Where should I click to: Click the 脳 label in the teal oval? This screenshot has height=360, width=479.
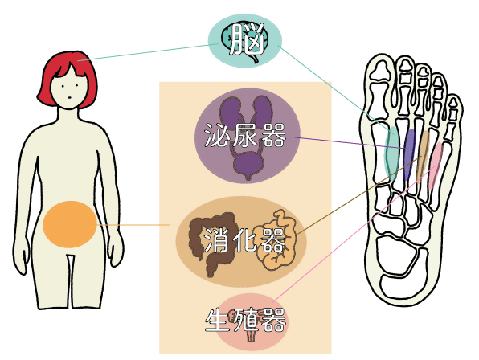247,39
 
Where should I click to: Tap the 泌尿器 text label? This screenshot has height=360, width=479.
245,135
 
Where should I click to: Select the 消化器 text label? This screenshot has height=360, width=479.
244,240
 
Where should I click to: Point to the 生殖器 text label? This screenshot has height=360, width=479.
245,321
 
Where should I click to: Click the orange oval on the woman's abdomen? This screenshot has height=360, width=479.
70,224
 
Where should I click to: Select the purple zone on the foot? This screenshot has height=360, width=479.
409,154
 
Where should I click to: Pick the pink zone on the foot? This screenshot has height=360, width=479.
435,165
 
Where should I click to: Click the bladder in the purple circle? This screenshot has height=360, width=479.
248,164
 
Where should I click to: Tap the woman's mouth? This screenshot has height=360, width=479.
70,98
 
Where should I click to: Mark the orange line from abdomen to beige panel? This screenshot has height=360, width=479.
133,225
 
